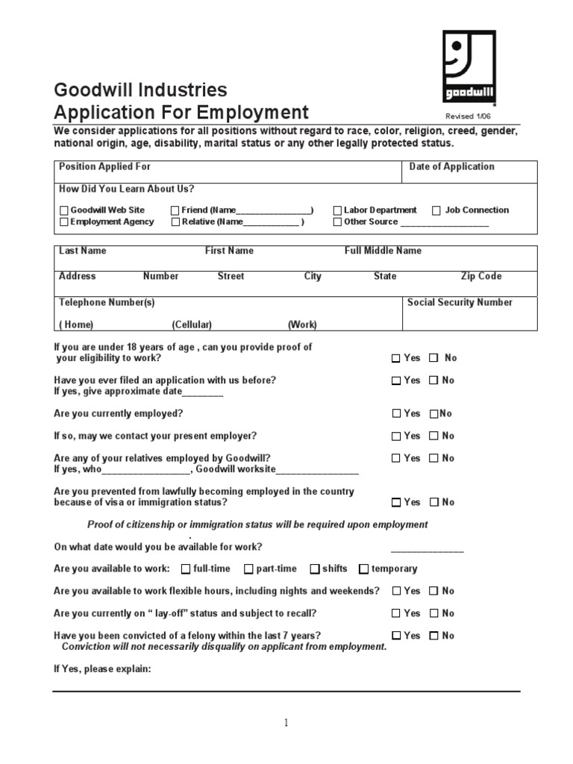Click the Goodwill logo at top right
pyautogui.click(x=469, y=66)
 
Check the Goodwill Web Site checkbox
pyautogui.click(x=64, y=211)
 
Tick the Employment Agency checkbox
pyautogui.click(x=64, y=222)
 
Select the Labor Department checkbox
pyautogui.click(x=337, y=211)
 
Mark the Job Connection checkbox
pyautogui.click(x=436, y=211)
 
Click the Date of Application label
pyautogui.click(x=451, y=167)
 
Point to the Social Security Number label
pyautogui.click(x=460, y=303)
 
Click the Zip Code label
pyautogui.click(x=481, y=277)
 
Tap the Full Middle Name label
pyautogui.click(x=383, y=251)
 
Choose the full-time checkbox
pyautogui.click(x=186, y=569)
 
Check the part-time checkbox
pyautogui.click(x=248, y=569)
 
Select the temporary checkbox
pyautogui.click(x=363, y=569)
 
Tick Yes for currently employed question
pyautogui.click(x=396, y=414)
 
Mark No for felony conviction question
pyautogui.click(x=433, y=636)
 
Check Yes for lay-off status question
pyautogui.click(x=396, y=614)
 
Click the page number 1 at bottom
pyautogui.click(x=286, y=722)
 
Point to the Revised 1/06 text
pyautogui.click(x=469, y=116)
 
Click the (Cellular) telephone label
pyautogui.click(x=192, y=325)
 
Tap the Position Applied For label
pyautogui.click(x=104, y=167)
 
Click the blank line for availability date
pyautogui.click(x=433, y=550)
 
